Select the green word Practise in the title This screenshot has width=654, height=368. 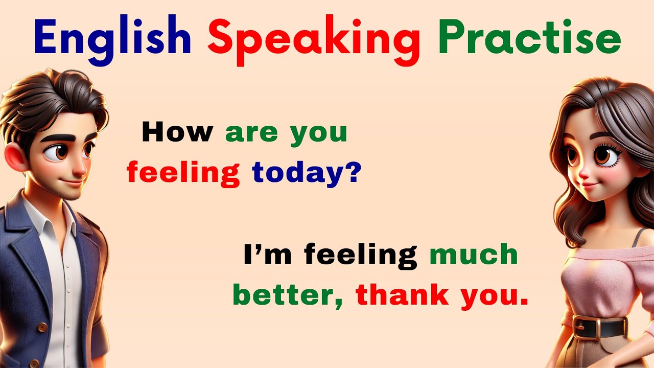tap(529, 39)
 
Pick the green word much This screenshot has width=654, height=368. tap(474, 255)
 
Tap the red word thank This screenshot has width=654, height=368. tap(402, 295)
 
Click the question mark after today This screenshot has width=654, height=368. tap(353, 173)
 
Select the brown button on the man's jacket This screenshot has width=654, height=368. tap(43, 327)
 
